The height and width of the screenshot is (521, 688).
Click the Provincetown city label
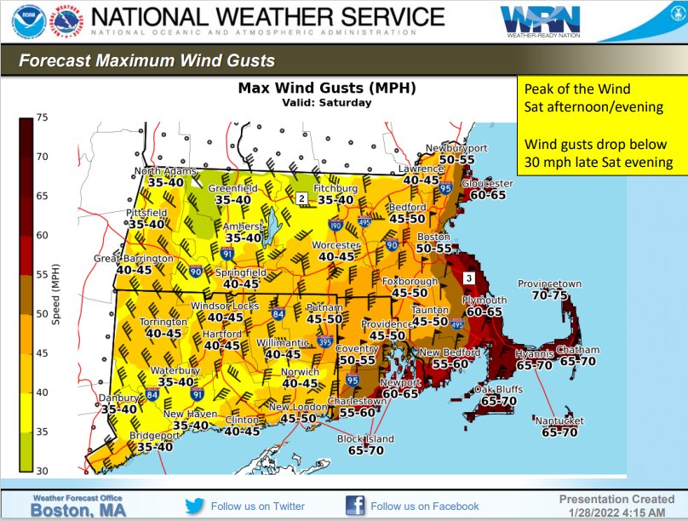[550, 284]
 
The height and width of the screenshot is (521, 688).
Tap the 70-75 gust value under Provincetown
[550, 295]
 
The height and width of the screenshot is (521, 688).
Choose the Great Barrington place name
[134, 258]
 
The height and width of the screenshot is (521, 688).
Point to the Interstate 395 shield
[324, 341]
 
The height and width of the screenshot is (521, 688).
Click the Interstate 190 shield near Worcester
[335, 226]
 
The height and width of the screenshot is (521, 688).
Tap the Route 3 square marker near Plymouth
[468, 278]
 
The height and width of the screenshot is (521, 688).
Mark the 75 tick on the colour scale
[40, 117]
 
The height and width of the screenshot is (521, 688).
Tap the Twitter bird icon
[195, 506]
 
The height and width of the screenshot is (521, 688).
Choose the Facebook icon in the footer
[355, 506]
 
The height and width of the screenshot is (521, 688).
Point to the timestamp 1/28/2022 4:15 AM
[611, 512]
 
